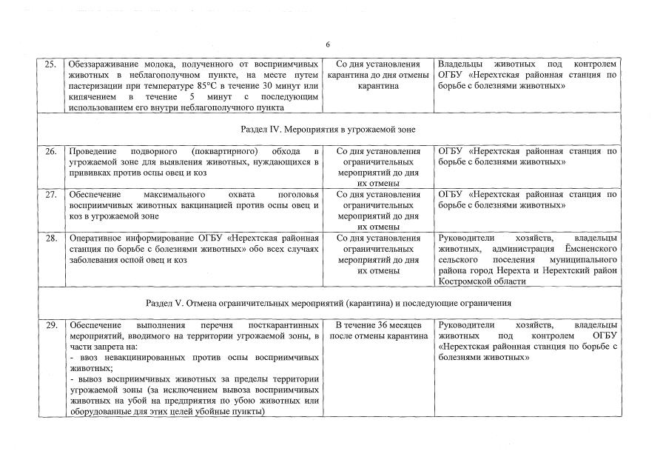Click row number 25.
[51, 64]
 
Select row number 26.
[51, 152]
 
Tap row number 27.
[51, 195]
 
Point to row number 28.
[51, 238]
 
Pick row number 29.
[51, 325]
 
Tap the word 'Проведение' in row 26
[93, 152]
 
